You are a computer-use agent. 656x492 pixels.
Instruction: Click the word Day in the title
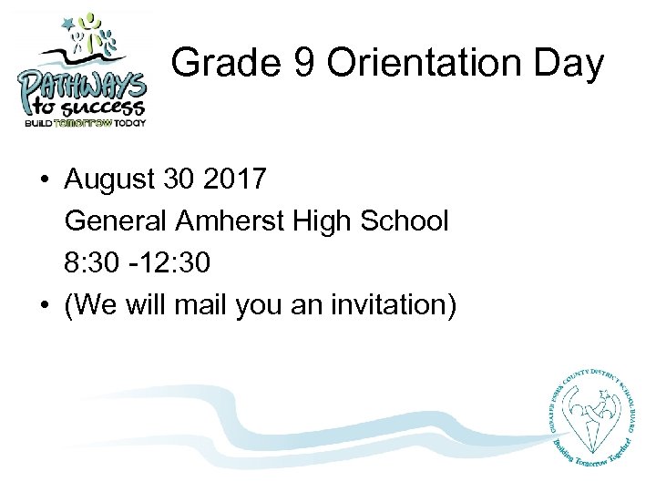tap(570, 64)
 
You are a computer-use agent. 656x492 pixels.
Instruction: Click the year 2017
tap(235, 179)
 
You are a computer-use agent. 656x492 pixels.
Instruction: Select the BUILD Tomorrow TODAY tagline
tap(84, 123)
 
